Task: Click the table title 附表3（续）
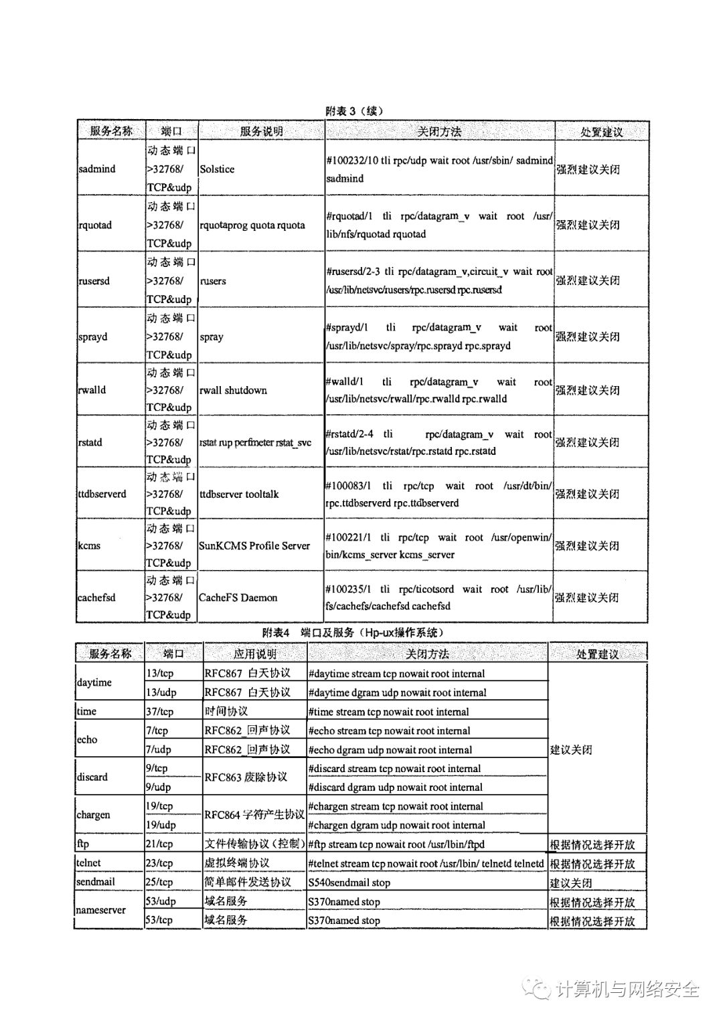(x=354, y=111)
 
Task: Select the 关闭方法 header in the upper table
(x=439, y=132)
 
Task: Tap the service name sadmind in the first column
(x=97, y=169)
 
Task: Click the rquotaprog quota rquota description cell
(x=252, y=225)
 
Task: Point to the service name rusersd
(x=94, y=281)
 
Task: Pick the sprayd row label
(x=92, y=337)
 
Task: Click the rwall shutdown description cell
(x=233, y=390)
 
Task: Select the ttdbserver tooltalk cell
(x=239, y=494)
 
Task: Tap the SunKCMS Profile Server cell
(x=254, y=546)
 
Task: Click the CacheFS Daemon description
(x=238, y=597)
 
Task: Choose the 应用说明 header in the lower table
(x=254, y=654)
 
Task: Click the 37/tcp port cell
(x=159, y=712)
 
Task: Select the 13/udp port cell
(x=161, y=692)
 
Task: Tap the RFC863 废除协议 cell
(x=246, y=777)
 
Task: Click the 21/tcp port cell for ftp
(x=159, y=844)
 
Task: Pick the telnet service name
(x=88, y=863)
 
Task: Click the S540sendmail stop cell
(x=349, y=883)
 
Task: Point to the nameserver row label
(x=100, y=911)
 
